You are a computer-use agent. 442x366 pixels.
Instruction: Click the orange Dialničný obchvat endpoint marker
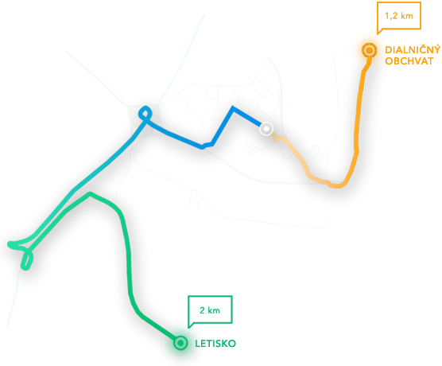tap(370, 50)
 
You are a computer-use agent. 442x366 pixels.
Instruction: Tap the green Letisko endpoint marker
tap(180, 343)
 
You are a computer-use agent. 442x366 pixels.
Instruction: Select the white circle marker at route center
tap(266, 129)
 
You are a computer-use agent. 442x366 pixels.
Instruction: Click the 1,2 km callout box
tap(399, 16)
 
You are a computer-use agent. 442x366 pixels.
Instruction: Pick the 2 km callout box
tap(210, 310)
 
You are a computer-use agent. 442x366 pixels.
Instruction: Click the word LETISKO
tap(215, 344)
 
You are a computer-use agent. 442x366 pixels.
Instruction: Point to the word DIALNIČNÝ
tap(413, 49)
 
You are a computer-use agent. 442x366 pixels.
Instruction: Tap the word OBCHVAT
tap(409, 61)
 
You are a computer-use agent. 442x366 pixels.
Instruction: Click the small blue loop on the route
tap(145, 114)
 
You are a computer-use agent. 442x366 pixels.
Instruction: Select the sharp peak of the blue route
tap(233, 107)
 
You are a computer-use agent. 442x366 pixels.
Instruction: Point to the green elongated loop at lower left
tap(27, 260)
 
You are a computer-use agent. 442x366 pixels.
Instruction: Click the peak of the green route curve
tap(90, 194)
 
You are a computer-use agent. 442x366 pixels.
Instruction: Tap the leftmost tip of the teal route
tap(9, 243)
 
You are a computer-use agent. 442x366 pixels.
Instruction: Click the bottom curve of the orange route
tap(338, 185)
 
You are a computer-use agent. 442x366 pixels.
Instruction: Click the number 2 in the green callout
tap(202, 310)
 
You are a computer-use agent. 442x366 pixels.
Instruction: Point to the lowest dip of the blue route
tap(202, 146)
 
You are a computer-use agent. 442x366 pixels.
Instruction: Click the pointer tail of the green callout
tap(189, 326)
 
